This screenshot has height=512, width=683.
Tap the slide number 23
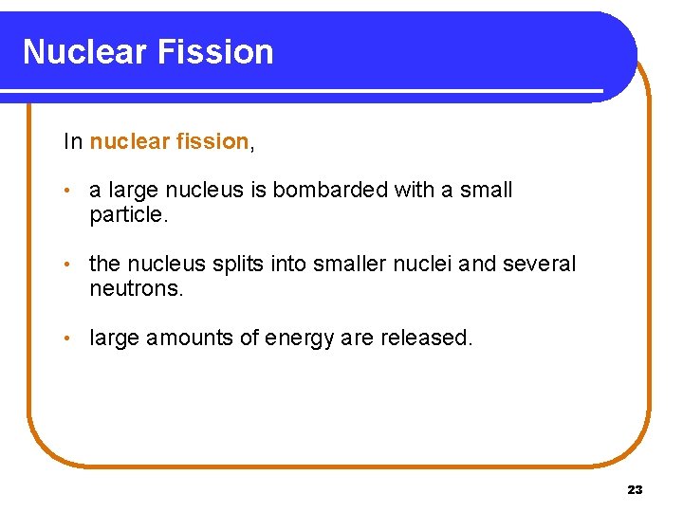[635, 490]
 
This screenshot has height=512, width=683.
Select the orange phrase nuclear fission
[169, 142]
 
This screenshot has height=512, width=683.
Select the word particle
[127, 214]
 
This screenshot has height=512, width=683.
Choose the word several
[539, 264]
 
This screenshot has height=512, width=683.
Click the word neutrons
[135, 288]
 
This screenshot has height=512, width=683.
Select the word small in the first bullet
[486, 190]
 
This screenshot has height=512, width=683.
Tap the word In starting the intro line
[73, 142]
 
